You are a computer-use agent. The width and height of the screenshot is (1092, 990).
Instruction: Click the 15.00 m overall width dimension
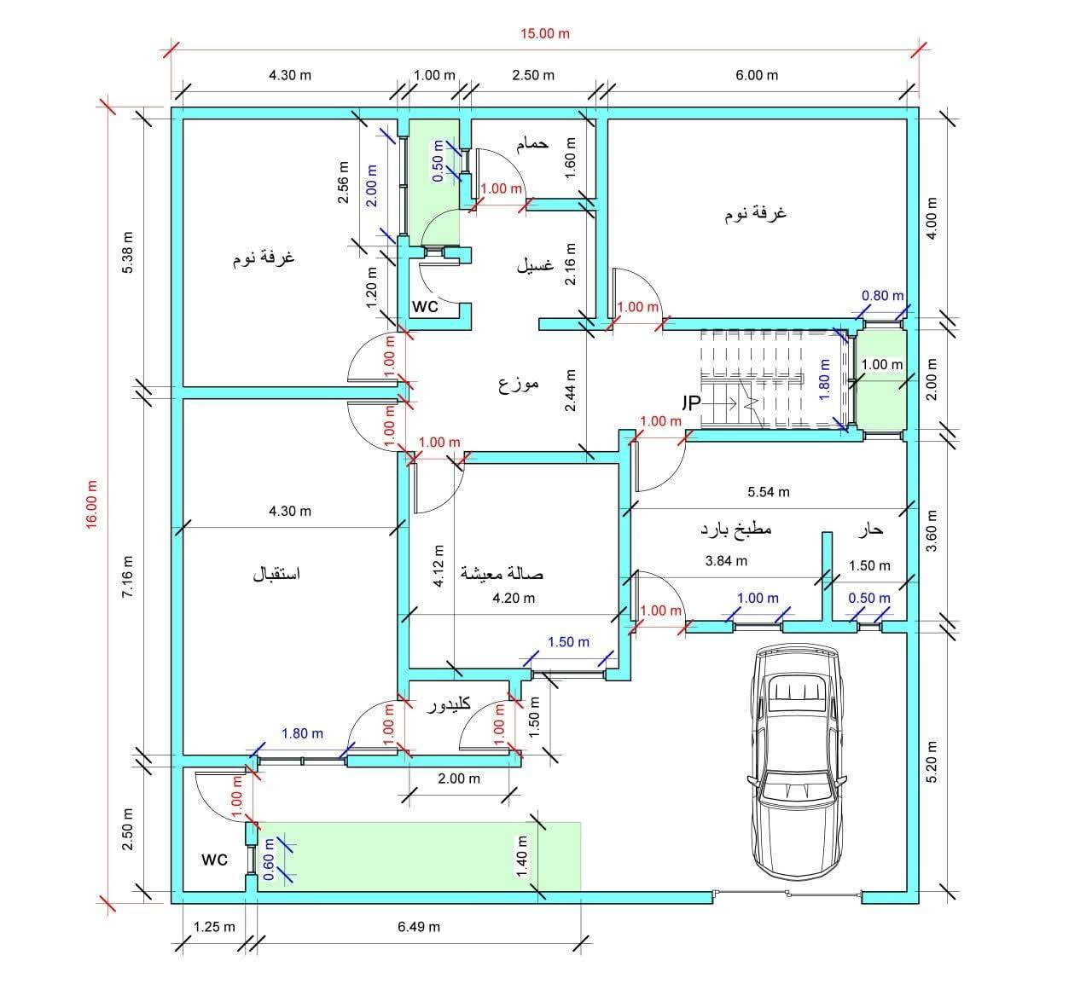point(545,34)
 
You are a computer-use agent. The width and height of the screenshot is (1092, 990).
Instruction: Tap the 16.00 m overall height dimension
point(92,505)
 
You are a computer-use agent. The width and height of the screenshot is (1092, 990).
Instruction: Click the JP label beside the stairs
point(690,401)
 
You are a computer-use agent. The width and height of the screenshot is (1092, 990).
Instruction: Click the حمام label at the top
point(531,144)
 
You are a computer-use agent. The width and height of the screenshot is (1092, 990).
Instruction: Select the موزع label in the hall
point(519,384)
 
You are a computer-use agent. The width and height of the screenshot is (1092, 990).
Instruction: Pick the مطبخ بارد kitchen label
point(735,529)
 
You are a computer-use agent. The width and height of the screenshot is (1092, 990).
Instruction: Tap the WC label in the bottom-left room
point(214,860)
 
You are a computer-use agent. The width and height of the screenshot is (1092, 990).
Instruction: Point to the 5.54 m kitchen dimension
point(768,492)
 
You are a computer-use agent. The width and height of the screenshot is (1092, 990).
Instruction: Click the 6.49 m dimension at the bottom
point(419,927)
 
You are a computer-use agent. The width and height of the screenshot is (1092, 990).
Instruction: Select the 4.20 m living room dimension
point(514,598)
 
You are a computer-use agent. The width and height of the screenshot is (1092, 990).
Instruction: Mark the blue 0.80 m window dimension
point(882,296)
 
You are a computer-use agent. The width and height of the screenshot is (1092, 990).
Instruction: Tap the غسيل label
point(535,265)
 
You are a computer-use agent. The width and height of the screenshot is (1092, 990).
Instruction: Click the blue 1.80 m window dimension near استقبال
point(302,733)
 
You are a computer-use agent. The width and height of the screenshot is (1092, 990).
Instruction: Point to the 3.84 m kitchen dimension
point(726,561)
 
